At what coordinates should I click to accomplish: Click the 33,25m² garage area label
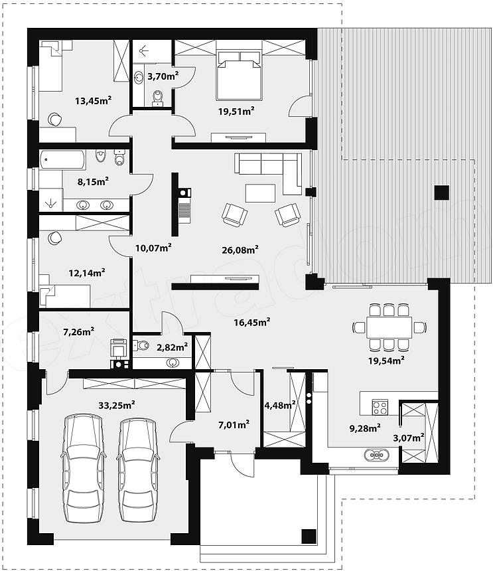(x=117, y=404)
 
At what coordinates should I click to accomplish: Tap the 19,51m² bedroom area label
(x=236, y=111)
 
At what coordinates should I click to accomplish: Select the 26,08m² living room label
(x=240, y=250)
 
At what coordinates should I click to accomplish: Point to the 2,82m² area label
(x=172, y=347)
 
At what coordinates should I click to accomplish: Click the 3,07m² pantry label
(x=409, y=438)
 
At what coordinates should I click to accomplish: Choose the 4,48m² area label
(x=280, y=405)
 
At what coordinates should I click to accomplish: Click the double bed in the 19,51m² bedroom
(x=239, y=75)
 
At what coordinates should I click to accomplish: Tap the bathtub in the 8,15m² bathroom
(x=62, y=160)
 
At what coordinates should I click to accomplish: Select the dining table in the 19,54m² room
(x=389, y=327)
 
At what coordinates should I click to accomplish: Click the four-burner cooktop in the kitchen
(x=380, y=407)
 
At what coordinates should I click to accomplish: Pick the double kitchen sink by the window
(x=377, y=455)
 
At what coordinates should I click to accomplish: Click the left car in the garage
(x=84, y=469)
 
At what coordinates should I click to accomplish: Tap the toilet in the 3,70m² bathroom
(x=157, y=98)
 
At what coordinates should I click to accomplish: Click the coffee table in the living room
(x=260, y=193)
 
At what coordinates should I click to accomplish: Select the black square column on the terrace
(x=442, y=193)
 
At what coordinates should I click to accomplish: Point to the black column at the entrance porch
(x=309, y=536)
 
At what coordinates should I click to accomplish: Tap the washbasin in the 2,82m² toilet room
(x=173, y=363)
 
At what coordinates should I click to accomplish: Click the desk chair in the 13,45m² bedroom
(x=54, y=119)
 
